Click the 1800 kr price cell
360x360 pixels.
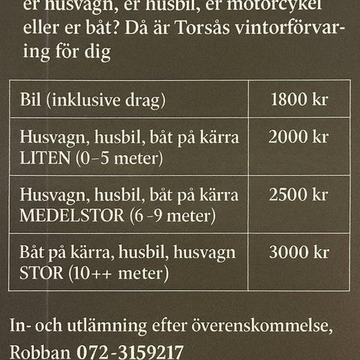(x=298, y=99)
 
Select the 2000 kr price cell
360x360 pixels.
(x=298, y=138)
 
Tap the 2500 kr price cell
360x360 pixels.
(x=298, y=196)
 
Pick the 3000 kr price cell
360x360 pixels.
(x=298, y=253)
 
